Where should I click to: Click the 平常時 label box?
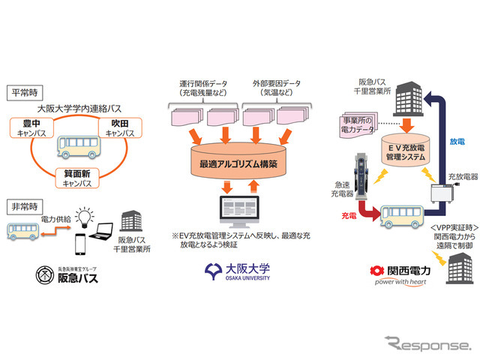23,94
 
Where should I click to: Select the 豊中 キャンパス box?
33,127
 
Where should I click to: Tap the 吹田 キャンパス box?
119,127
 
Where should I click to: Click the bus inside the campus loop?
77,147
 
